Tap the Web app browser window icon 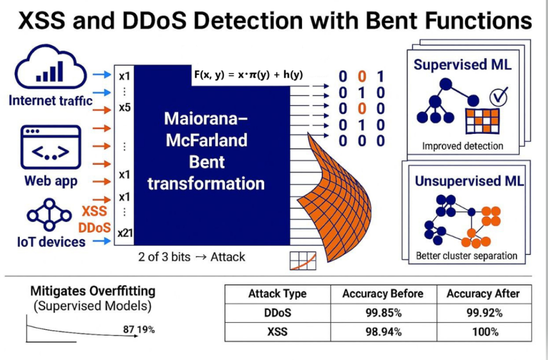point(50,148)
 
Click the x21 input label point(125,233)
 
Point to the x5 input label point(125,107)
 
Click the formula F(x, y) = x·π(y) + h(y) point(248,75)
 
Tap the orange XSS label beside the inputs point(94,211)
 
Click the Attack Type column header point(277,294)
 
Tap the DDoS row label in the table point(277,313)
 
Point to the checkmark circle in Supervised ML point(498,97)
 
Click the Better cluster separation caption point(466,256)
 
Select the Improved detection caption point(462,146)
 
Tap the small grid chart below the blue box point(303,261)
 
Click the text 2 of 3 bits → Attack point(192,257)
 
